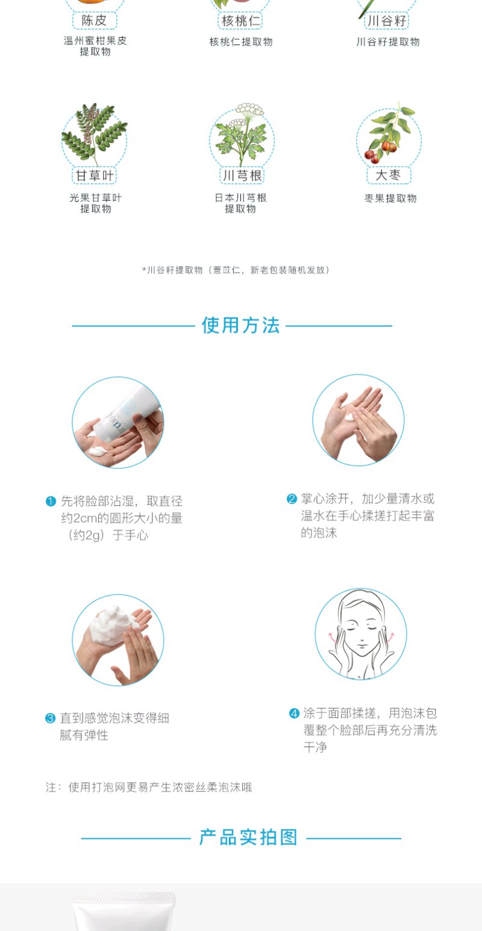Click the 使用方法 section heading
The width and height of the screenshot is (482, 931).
coord(241,325)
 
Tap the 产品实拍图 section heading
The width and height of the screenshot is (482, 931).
coord(248,838)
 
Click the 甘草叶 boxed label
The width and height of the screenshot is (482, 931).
coord(95,175)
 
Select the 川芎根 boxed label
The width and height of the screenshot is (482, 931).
coord(242,175)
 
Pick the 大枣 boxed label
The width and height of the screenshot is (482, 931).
coord(389,175)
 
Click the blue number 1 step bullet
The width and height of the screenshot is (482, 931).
coord(51,501)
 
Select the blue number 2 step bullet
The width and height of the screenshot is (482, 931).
coord(292,499)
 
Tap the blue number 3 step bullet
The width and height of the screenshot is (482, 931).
coord(51,718)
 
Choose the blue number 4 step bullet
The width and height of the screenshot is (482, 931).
coord(294,714)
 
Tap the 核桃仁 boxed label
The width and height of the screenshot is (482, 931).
coord(241,21)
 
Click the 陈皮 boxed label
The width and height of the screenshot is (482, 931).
coord(95,20)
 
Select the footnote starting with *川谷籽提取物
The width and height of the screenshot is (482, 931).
coord(236,270)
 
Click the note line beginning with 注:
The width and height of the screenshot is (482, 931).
coord(148,787)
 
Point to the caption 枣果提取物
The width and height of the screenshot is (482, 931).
coord(390,198)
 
